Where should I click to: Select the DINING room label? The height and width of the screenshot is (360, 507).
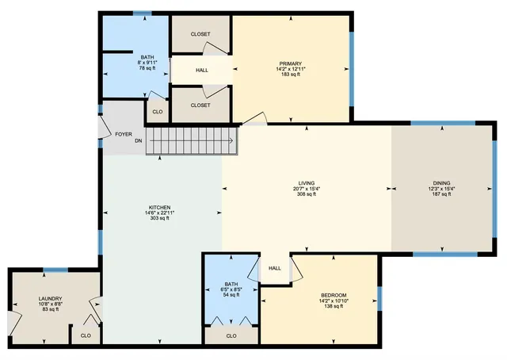click(441, 182)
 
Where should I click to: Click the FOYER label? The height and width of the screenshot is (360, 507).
click(124, 134)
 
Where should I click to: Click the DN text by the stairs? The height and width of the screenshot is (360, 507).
click(138, 141)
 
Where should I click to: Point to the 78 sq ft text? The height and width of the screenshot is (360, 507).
click(148, 69)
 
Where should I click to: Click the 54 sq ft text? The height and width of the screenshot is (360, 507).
click(231, 295)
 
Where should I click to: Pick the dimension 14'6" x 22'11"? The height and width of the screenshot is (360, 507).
click(156, 213)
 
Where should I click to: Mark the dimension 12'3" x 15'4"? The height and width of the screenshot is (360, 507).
click(441, 188)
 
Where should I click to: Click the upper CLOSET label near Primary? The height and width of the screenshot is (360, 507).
click(200, 33)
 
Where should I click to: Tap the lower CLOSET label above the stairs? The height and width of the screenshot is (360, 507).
click(200, 105)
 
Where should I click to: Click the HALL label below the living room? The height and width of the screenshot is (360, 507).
click(275, 268)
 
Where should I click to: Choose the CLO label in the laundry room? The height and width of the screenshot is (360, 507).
click(86, 335)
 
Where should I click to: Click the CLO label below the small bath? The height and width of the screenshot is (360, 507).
click(231, 335)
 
